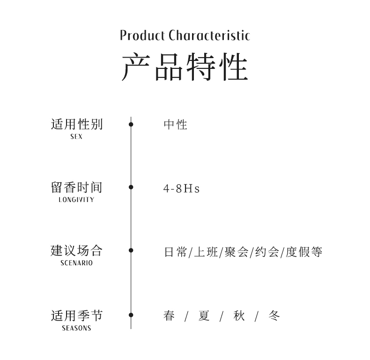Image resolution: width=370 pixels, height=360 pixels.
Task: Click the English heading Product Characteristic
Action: point(185,35)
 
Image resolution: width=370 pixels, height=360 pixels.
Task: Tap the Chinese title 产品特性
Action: point(185,67)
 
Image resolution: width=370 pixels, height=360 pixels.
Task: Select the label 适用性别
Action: point(76,124)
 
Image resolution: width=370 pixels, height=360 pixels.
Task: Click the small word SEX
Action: point(76,137)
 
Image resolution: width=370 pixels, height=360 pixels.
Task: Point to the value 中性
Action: point(176,125)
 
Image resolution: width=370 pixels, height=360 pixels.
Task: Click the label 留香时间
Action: point(76,187)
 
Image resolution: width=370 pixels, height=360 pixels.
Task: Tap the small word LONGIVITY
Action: point(76,200)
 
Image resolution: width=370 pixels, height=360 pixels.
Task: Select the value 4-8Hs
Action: point(181,188)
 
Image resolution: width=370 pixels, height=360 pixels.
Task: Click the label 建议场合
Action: point(76,250)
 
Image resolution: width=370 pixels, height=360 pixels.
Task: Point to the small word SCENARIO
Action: point(76,263)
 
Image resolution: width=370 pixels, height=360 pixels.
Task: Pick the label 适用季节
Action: point(76,315)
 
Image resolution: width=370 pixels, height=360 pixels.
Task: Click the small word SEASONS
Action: point(76,328)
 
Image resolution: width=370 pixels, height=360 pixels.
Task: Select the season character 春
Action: point(169,316)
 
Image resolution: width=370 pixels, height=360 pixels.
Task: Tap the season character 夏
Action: point(204,316)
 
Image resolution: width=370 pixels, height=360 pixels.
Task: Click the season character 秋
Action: point(239,316)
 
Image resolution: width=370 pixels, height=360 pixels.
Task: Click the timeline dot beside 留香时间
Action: point(131,187)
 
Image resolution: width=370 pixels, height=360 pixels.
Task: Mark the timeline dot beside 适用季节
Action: point(131,315)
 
